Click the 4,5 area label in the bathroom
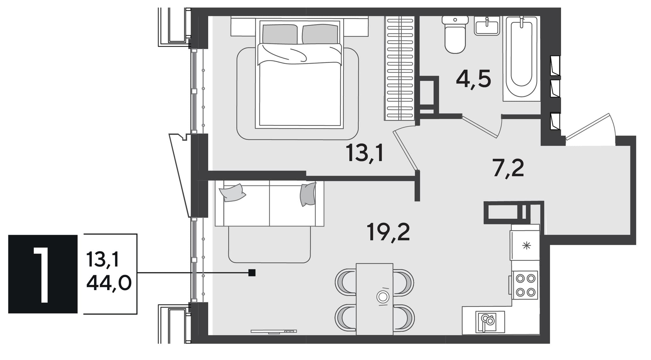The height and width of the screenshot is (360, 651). point(473,79)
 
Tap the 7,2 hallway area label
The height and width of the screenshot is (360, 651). point(508,169)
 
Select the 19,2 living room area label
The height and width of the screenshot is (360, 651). point(388,232)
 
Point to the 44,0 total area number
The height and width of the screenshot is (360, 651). point(109,283)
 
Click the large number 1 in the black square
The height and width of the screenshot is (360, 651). point(41,274)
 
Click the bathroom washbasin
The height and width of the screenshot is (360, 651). point(487,25)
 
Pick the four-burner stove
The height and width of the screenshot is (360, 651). point(525,285)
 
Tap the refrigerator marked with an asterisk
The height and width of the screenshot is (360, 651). point(525,246)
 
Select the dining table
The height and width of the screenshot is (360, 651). point(374,299)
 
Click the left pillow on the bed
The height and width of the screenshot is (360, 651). point(280,34)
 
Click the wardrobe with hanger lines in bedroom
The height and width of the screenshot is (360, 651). point(400,68)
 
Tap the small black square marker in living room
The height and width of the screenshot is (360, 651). point(252,273)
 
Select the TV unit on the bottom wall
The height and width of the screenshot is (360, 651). point(274,331)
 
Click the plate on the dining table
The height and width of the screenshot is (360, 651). point(383,297)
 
